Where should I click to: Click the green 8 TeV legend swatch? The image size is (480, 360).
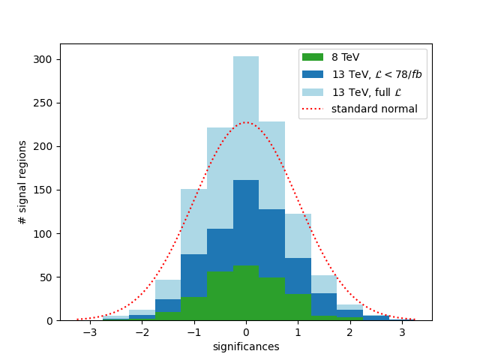coord(313,57)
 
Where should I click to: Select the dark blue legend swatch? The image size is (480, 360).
coord(313,74)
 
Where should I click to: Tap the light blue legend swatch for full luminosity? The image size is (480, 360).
coord(313,92)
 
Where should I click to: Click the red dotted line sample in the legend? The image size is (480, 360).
coord(313,109)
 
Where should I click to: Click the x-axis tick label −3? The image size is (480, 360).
coord(89,332)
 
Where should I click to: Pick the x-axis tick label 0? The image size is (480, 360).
coord(246,332)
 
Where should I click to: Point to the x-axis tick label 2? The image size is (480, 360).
coord(349,332)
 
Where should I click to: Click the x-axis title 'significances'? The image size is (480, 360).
coord(246,346)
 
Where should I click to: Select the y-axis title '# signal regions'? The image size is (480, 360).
coord(22,182)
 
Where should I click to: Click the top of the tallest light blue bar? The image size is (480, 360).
coord(246,57)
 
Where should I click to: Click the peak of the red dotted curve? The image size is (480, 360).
coord(246,122)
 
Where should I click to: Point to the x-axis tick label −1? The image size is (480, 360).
coord(193,332)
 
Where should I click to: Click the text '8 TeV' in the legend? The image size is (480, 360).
coord(345,57)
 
